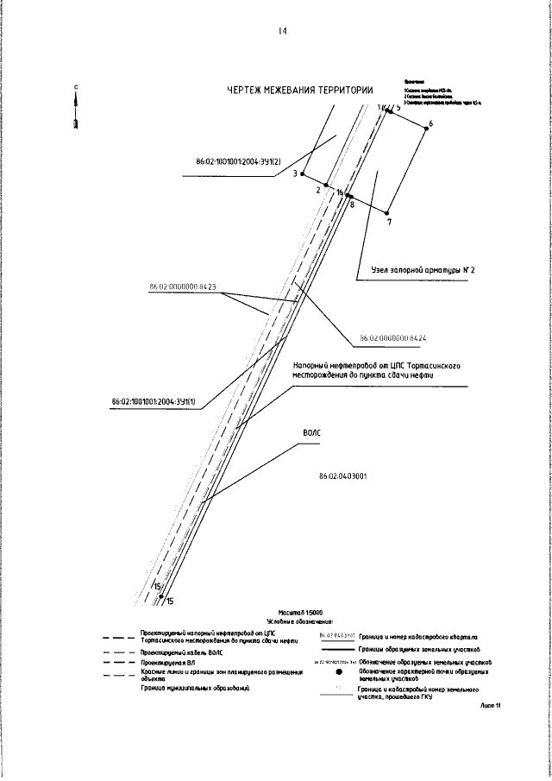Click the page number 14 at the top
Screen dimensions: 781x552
pos(282,32)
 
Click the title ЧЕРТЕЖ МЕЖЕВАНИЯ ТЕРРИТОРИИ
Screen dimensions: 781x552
pos(300,89)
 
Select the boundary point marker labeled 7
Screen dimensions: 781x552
pos(387,212)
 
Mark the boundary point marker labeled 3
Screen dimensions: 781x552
pos(302,173)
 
